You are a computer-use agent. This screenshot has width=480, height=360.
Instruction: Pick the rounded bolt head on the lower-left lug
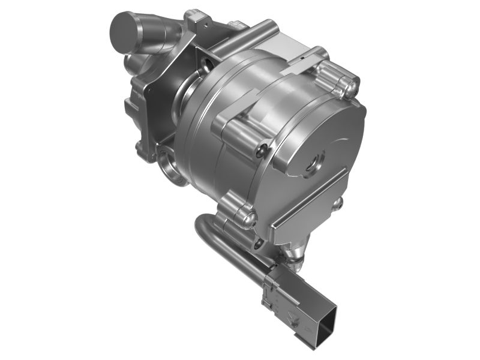[245, 216]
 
